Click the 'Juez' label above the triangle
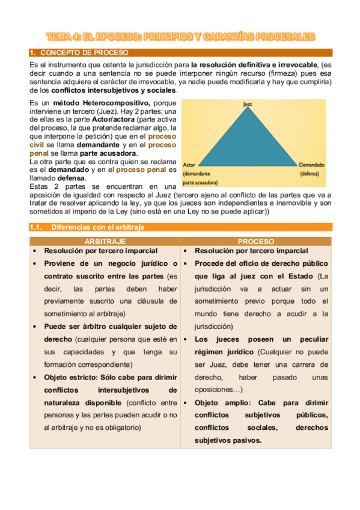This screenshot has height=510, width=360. point(247,104)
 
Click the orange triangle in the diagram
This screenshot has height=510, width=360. point(247,138)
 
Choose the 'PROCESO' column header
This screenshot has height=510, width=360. point(255,241)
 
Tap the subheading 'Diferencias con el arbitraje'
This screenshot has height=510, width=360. point(97,227)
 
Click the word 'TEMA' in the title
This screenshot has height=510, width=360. point(61,37)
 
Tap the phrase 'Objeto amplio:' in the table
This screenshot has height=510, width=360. point(227,403)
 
